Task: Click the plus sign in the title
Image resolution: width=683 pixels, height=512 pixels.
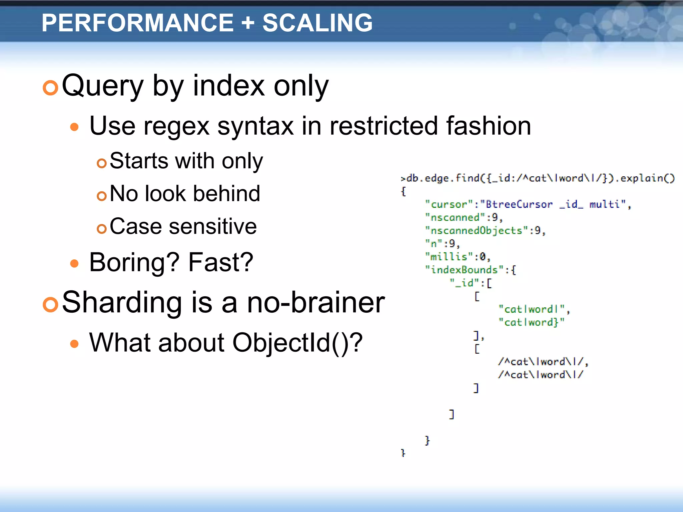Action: coord(248,23)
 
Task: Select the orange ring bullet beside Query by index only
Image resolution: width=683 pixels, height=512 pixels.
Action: coord(51,88)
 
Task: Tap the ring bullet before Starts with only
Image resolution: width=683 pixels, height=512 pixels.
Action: coord(101,163)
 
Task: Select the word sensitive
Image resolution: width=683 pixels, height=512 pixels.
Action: coord(213,226)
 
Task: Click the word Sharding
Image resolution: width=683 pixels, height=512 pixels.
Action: coord(122,302)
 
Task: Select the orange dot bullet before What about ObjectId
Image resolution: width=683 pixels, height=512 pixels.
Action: coord(74,344)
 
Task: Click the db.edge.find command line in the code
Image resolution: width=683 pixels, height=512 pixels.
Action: coord(537,178)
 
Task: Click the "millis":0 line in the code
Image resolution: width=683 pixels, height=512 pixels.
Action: coord(458,257)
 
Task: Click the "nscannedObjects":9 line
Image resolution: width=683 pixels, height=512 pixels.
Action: coord(485,230)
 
